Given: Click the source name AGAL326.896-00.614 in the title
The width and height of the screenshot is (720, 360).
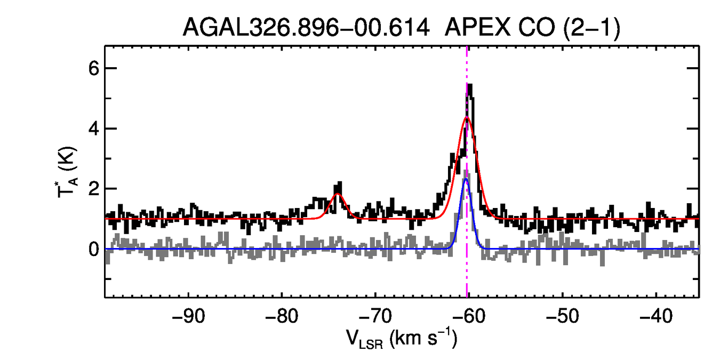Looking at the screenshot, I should pyautogui.click(x=306, y=27).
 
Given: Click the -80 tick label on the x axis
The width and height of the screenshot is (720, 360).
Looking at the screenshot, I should pyautogui.click(x=283, y=315).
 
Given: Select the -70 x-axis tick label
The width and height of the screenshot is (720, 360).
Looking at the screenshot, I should pyautogui.click(x=375, y=315).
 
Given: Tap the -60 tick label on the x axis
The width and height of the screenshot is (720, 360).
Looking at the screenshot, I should pyautogui.click(x=468, y=315).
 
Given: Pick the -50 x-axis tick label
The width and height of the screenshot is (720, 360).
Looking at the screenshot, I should pyautogui.click(x=562, y=315).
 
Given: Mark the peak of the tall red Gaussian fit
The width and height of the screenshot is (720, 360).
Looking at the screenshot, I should pyautogui.click(x=467, y=117).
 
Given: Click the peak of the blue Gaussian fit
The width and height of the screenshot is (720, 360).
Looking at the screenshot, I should pyautogui.click(x=466, y=179).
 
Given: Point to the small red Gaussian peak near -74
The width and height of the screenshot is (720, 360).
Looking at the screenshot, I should pyautogui.click(x=338, y=194).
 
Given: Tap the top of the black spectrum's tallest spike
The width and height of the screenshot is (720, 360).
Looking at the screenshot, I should pyautogui.click(x=469, y=84).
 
